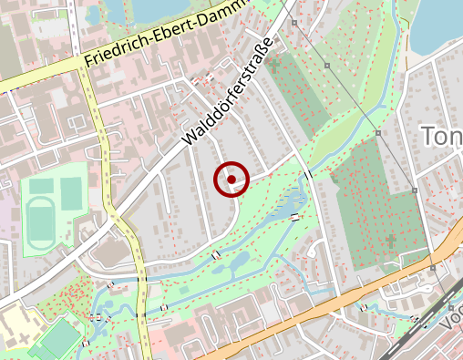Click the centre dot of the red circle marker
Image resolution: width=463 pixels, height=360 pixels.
232,180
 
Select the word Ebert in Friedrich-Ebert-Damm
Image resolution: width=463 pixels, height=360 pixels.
175,32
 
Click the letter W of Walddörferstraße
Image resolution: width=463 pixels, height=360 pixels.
190,138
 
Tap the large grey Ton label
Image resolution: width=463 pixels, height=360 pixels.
442,137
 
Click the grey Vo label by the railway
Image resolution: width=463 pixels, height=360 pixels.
450,321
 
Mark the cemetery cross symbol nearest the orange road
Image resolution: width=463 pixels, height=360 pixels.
391,240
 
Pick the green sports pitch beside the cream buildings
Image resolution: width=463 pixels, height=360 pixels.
57,338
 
